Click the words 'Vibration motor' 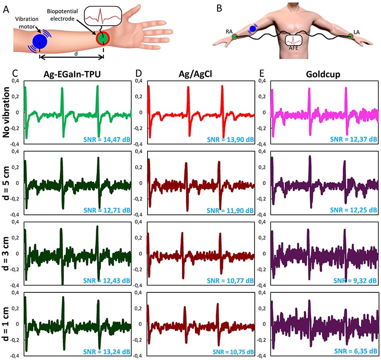click(x=28, y=22)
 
